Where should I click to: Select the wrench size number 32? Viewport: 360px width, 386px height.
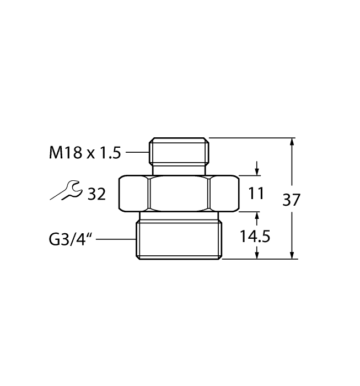94,194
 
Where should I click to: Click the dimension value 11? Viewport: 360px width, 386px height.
256,194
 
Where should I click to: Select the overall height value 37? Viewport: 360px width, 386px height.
292,200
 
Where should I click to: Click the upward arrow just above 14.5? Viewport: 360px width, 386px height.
256,217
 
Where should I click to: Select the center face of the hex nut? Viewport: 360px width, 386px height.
179,194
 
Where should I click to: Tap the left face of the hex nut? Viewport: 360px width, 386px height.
134,194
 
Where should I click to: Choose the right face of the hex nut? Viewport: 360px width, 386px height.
224,194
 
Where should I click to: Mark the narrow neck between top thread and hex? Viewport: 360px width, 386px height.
179,168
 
